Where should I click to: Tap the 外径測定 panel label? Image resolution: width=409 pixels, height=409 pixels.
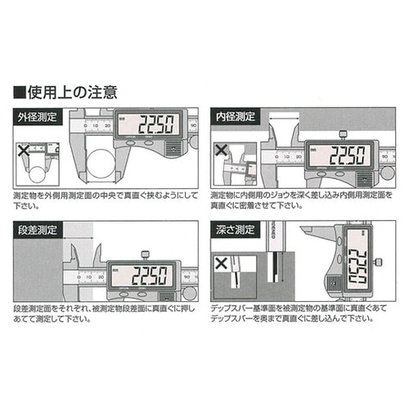coord(37,117)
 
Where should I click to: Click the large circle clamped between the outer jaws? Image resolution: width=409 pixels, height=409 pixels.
coord(96,167)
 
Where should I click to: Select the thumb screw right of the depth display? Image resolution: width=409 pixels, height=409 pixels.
coord(378,263)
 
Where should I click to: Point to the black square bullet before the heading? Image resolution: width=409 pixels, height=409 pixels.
coord(19,89)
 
